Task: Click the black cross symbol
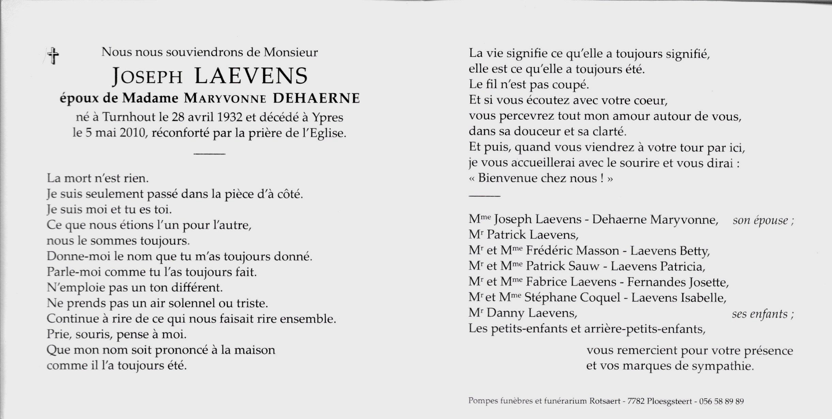pyautogui.click(x=53, y=56)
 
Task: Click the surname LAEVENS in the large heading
pyautogui.click(x=251, y=76)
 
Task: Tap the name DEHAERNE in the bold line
pyautogui.click(x=316, y=98)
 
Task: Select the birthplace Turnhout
pyautogui.click(x=130, y=117)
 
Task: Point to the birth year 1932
pyautogui.click(x=230, y=117)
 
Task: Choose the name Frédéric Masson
pyautogui.click(x=572, y=251)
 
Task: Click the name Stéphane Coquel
pyautogui.click(x=572, y=298)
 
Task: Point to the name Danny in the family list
pyautogui.click(x=505, y=313)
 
